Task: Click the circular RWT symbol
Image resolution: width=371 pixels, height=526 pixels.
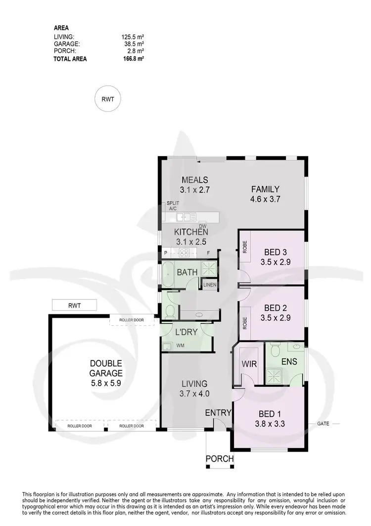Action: [107, 99]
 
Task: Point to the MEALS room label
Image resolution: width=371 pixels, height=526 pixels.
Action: [194, 179]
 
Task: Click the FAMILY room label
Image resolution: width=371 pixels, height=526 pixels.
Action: [265, 189]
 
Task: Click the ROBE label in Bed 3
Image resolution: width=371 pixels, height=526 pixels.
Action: [245, 246]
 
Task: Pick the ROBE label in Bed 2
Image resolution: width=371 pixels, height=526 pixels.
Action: [245, 323]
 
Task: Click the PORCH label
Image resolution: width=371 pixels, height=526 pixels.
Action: [220, 459]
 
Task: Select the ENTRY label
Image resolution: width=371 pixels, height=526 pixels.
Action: [218, 413]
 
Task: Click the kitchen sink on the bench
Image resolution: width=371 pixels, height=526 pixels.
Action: [184, 217]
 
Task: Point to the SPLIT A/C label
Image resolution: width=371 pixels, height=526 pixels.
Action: [173, 206]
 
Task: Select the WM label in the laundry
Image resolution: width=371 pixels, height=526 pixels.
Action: [181, 346]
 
